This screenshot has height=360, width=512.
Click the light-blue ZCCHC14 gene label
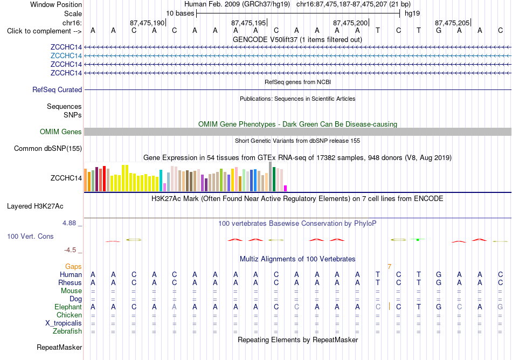(x=66, y=56)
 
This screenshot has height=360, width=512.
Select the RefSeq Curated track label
(x=57, y=90)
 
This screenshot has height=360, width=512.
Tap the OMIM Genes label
(x=61, y=132)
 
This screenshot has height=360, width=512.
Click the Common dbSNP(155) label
(x=48, y=149)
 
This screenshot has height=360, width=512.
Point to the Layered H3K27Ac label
(x=35, y=206)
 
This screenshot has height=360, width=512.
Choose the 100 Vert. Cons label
(x=30, y=236)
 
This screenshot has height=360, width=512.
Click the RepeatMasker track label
(x=59, y=347)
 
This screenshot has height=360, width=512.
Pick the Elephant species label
(x=68, y=307)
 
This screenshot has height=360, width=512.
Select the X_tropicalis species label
(x=64, y=323)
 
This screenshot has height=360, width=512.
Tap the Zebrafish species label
(x=67, y=331)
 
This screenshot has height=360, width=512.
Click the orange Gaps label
(x=73, y=267)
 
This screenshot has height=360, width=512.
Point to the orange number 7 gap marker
(x=389, y=267)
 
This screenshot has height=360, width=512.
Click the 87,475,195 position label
(x=248, y=23)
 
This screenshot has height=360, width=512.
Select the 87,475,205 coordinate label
(x=452, y=23)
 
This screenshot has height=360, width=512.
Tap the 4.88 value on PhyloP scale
(x=69, y=223)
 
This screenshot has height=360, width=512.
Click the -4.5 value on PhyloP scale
(x=70, y=250)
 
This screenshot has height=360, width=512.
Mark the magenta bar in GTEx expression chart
(x=286, y=188)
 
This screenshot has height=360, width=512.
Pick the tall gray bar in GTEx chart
(x=271, y=177)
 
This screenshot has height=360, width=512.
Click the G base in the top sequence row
(x=439, y=31)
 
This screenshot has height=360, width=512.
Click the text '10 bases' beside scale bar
(x=180, y=13)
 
